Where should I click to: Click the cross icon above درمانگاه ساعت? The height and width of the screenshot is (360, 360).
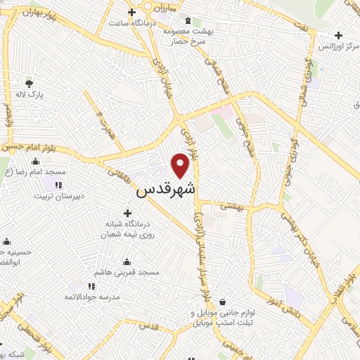(x=131, y=13)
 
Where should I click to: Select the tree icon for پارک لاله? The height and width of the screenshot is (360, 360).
(x=29, y=84)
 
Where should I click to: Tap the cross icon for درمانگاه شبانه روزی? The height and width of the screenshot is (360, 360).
(x=127, y=213)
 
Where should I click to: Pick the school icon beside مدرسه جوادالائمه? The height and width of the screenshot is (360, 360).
(x=91, y=287)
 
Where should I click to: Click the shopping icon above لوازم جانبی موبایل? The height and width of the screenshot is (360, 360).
(x=222, y=302)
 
